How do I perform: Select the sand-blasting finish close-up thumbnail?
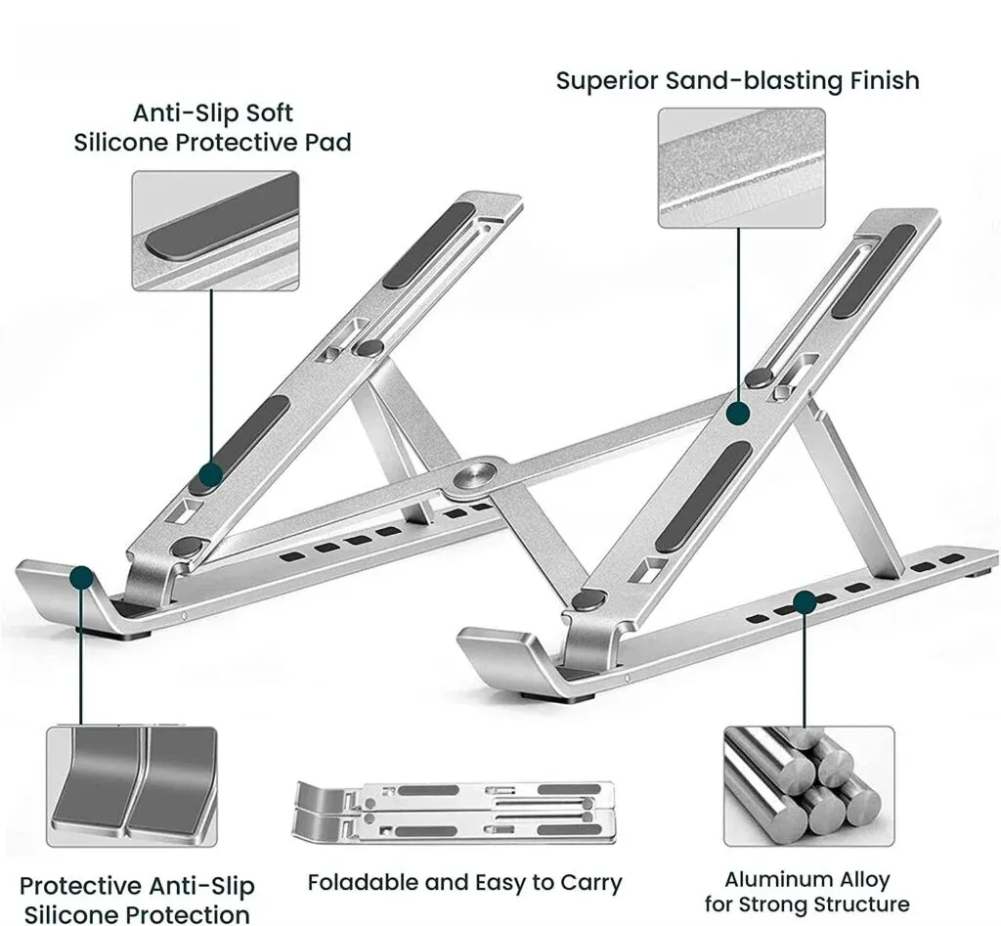point(741,167)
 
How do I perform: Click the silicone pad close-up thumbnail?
point(215,231)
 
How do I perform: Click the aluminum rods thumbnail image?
point(807,785)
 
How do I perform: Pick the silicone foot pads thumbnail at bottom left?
point(132,785)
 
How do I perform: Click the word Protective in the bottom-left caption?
point(81,886)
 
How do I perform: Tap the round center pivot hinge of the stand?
point(473,476)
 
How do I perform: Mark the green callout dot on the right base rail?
point(804,602)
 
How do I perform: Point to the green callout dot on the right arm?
point(738,414)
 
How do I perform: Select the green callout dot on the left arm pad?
point(211,475)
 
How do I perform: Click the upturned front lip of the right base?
point(498,650)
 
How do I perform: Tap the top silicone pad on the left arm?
point(426,244)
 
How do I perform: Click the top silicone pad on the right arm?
point(872,271)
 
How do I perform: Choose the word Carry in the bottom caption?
point(590,882)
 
